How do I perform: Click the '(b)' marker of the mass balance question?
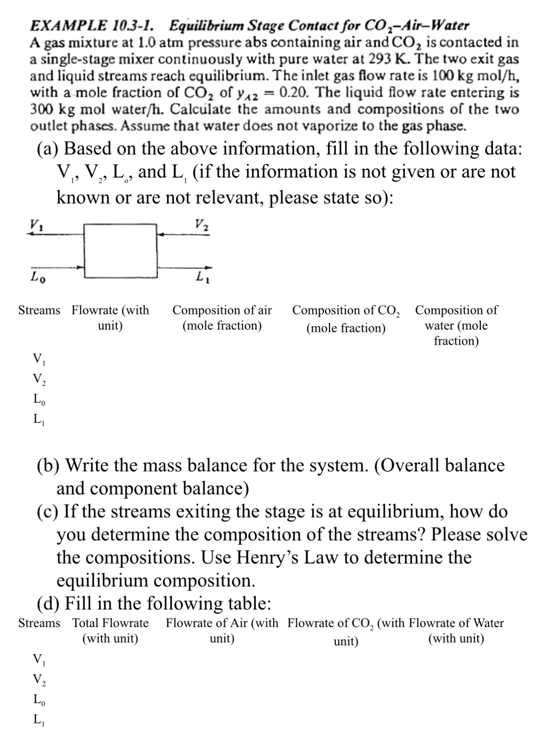[48, 465]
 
